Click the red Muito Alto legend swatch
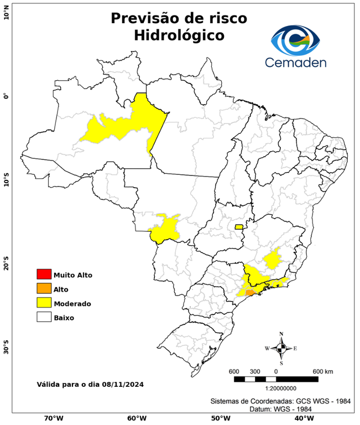(x=44, y=274)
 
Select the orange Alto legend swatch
(x=44, y=288)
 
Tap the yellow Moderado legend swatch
(x=44, y=303)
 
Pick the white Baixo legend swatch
(x=44, y=317)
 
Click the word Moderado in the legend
(x=72, y=303)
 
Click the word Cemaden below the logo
(x=295, y=62)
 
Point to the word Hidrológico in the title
(x=179, y=35)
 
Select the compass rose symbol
(x=281, y=348)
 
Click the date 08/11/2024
(x=123, y=384)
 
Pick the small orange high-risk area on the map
(x=250, y=292)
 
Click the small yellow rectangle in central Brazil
(x=239, y=226)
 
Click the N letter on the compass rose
(x=281, y=334)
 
